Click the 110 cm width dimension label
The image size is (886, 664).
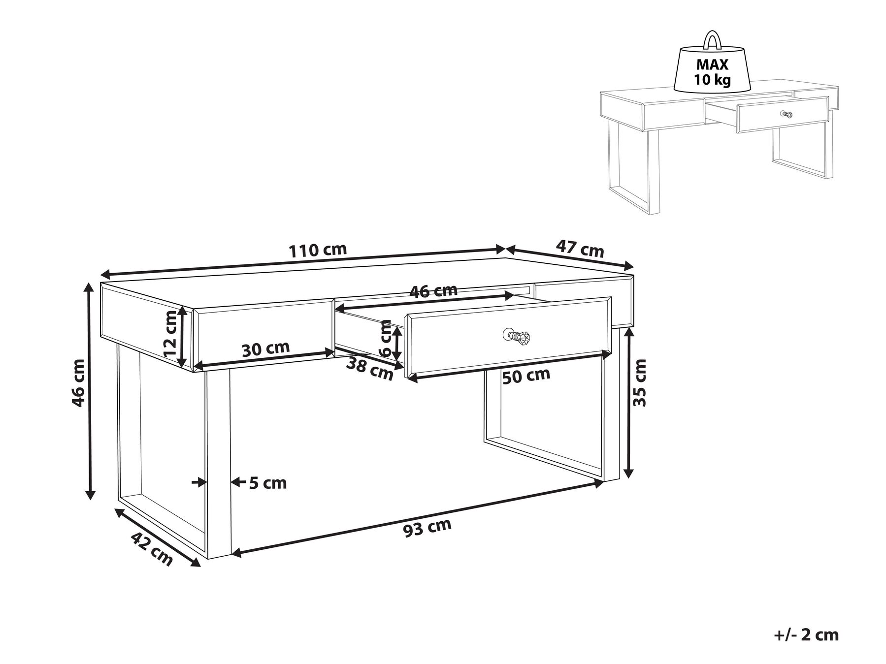(x=318, y=251)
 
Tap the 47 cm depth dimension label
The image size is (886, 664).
(x=580, y=248)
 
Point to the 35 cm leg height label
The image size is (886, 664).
(x=639, y=382)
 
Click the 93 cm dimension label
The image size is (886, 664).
(x=427, y=528)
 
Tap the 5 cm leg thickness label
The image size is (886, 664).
(x=267, y=483)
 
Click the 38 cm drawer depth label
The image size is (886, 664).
(x=370, y=369)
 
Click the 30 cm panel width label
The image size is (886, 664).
(x=265, y=348)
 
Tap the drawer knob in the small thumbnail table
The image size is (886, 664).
(x=788, y=115)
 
